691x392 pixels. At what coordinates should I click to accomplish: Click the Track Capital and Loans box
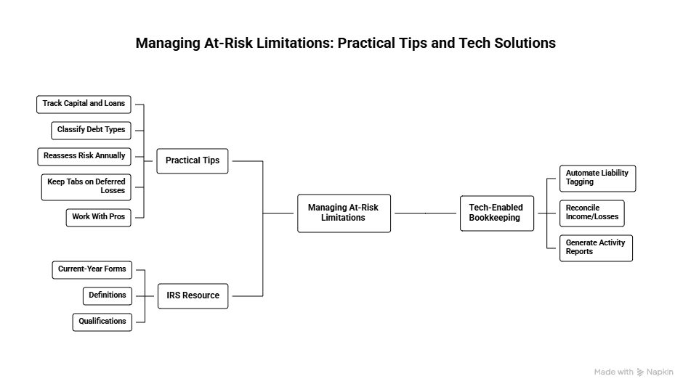[84, 104]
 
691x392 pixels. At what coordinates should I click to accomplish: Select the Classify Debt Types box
[92, 130]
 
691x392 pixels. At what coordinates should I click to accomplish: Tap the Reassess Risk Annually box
[84, 156]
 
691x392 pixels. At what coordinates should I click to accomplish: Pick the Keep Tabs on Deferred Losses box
[86, 187]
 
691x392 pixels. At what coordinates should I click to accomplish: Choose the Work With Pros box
[99, 217]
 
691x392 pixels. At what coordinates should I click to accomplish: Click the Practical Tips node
[193, 161]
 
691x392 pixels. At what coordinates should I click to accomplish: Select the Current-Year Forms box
[92, 269]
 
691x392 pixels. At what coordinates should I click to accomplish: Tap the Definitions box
[108, 295]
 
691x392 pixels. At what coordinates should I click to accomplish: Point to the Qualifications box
[102, 322]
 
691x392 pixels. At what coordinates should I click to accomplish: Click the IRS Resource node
[193, 295]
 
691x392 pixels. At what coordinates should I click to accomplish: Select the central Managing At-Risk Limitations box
[344, 213]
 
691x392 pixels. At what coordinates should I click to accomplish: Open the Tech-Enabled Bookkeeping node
[496, 213]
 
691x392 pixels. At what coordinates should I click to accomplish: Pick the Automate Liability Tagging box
[597, 179]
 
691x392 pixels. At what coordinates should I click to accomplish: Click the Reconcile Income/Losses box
[591, 213]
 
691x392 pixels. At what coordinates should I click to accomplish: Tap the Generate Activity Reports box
[596, 248]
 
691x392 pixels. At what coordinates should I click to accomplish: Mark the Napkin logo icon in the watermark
[640, 372]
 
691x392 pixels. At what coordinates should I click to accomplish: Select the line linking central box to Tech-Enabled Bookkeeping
[425, 213]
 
